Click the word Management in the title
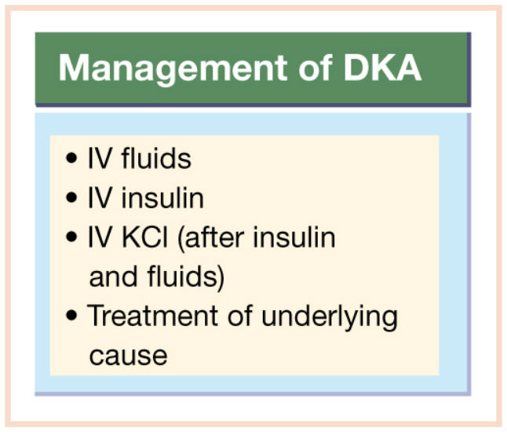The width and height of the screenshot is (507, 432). (x=173, y=69)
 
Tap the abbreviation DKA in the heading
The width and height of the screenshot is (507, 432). (x=382, y=68)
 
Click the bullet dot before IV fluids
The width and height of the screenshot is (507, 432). (x=71, y=158)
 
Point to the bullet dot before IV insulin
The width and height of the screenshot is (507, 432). (x=71, y=197)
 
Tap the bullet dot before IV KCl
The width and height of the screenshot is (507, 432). (x=71, y=236)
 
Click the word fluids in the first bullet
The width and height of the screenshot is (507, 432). (x=156, y=158)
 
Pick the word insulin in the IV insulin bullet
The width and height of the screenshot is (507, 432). (x=162, y=197)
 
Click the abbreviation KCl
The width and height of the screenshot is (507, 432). (x=145, y=237)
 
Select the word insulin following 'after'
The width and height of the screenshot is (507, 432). (x=294, y=236)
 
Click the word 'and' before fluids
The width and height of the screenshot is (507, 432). (x=113, y=276)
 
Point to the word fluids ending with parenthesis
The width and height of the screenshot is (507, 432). (x=185, y=277)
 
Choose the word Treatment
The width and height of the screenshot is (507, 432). (x=152, y=315)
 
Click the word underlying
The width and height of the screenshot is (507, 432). (x=330, y=317)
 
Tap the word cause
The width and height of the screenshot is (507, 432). (x=128, y=356)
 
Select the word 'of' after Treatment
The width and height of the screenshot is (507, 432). (x=239, y=315)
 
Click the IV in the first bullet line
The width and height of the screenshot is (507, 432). (x=100, y=158)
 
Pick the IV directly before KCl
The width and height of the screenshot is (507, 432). (x=100, y=237)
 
